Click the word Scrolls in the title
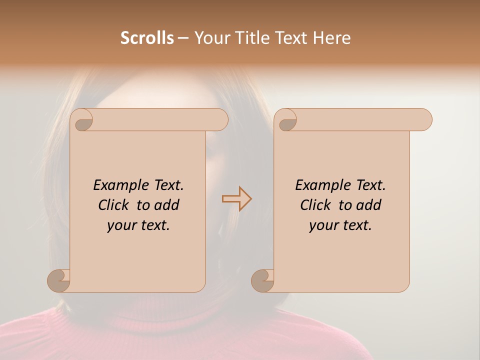click(147, 38)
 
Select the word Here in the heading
click(331, 38)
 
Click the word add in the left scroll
click(166, 205)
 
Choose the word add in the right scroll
click(368, 205)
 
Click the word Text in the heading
click(290, 38)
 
